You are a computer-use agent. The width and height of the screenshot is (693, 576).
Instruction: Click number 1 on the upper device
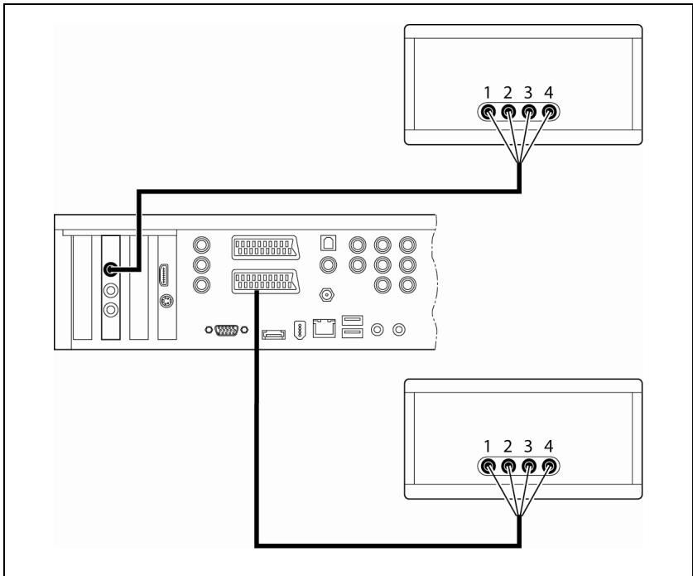[489, 94]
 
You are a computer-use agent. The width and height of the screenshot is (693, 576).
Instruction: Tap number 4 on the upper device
[547, 94]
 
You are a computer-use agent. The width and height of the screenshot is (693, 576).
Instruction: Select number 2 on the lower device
[508, 448]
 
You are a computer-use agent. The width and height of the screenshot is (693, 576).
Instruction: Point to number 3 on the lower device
[528, 448]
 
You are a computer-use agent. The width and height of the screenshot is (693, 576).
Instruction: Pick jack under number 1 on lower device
[489, 467]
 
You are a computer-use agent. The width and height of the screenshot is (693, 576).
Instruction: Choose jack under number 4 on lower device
[547, 467]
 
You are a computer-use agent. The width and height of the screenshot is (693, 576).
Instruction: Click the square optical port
[328, 244]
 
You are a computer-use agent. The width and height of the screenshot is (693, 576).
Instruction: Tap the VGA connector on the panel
[226, 331]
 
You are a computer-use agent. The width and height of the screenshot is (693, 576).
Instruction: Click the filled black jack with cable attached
[109, 269]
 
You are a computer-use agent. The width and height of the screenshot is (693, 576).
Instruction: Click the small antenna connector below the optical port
[328, 294]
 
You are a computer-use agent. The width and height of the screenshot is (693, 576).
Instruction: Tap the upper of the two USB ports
[351, 320]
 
